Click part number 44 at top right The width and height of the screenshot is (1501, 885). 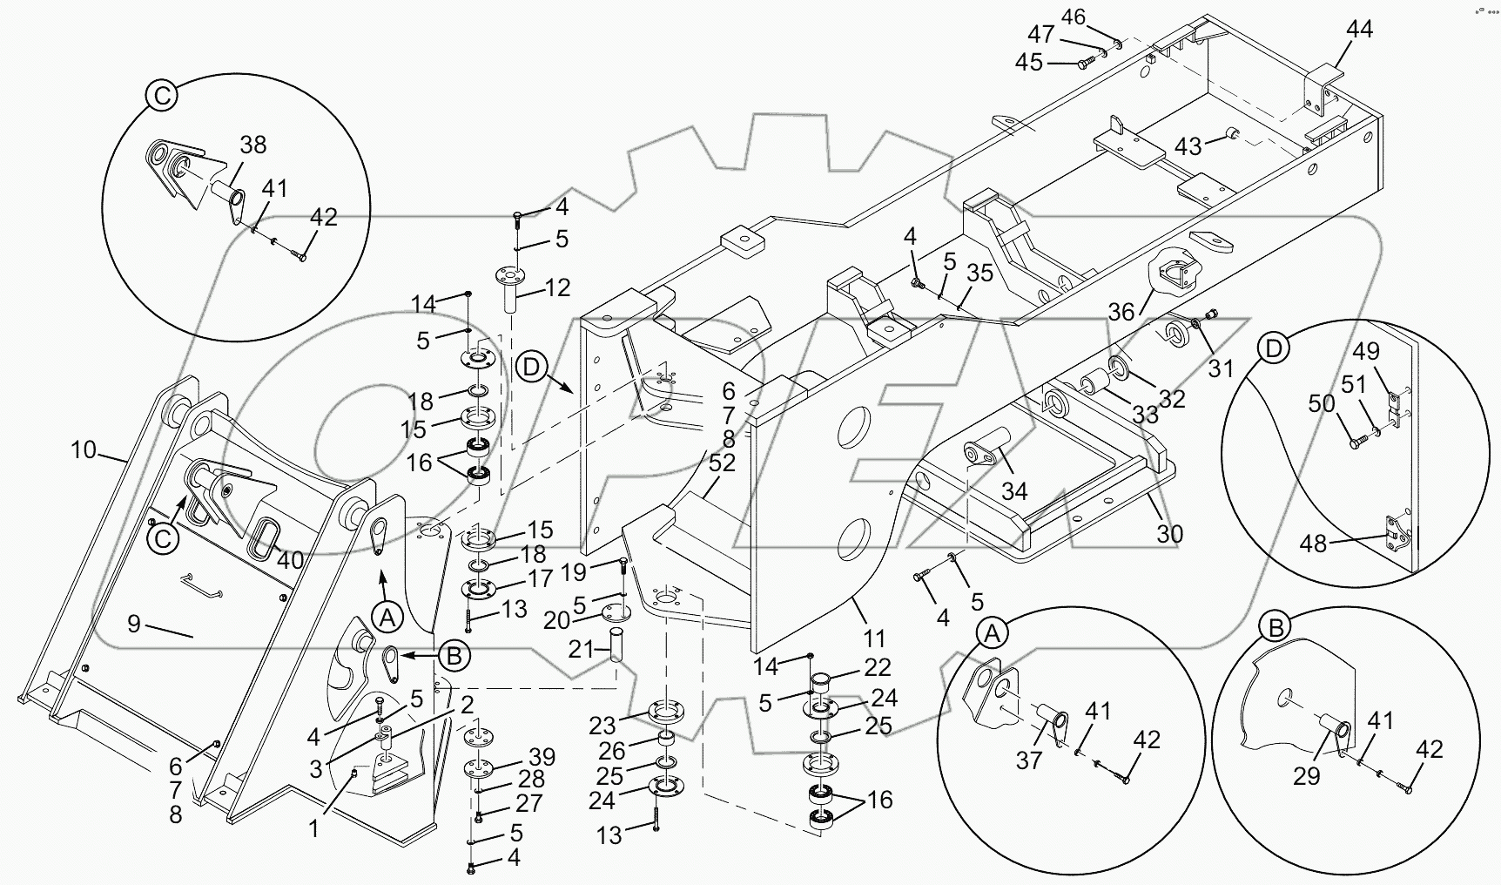tap(1359, 30)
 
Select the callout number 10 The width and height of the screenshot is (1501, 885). tap(84, 450)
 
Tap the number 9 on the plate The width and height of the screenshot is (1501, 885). tap(133, 624)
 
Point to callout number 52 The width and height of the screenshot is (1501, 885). tap(723, 463)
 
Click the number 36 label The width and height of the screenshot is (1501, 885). tap(1122, 311)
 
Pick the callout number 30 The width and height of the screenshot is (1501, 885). tap(1169, 533)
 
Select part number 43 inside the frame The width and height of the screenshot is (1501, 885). tap(1188, 146)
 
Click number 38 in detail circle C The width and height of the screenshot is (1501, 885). tap(252, 145)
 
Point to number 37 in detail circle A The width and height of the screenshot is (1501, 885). tap(1029, 760)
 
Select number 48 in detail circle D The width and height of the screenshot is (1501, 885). tap(1313, 544)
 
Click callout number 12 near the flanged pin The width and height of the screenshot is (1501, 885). tap(557, 287)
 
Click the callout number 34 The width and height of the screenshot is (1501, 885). tap(1014, 492)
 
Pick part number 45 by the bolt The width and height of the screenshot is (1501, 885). tap(1029, 64)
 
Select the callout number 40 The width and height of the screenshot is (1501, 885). tap(290, 560)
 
